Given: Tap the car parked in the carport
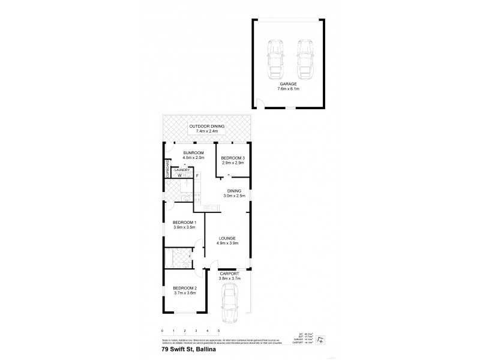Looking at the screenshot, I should click(230, 303).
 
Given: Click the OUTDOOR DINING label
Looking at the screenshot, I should click(206, 127).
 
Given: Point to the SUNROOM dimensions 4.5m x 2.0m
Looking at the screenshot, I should click(194, 158).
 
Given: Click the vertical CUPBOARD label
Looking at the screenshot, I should click(166, 170).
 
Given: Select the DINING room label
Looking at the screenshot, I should click(233, 191).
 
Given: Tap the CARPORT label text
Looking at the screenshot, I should click(230, 273).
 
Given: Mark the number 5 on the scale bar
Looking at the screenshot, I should click(219, 331).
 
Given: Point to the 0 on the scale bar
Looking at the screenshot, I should click(162, 331).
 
